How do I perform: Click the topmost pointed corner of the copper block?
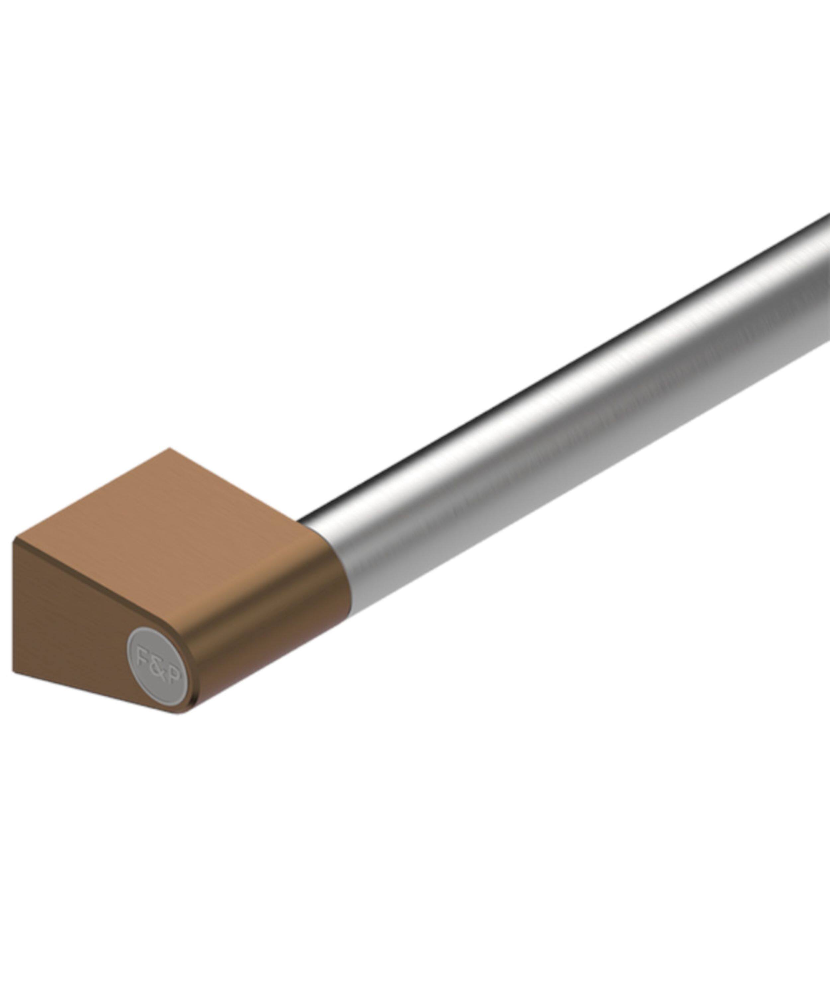(169, 449)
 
